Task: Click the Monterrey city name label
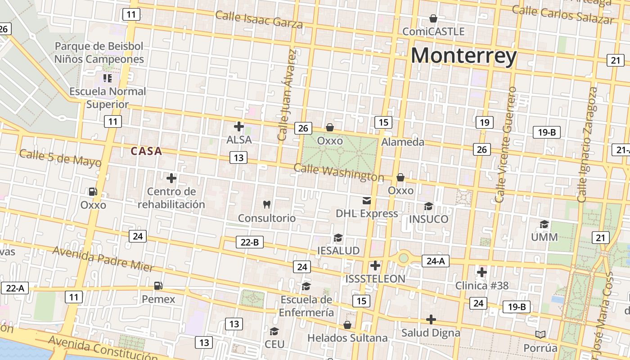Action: (x=463, y=56)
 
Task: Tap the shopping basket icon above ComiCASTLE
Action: (x=433, y=18)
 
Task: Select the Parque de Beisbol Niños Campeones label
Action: (x=99, y=53)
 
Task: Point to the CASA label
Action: (x=146, y=151)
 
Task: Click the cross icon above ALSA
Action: (x=239, y=126)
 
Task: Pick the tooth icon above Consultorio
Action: (x=267, y=204)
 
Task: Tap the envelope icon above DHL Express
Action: (x=367, y=200)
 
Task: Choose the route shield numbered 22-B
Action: (x=250, y=242)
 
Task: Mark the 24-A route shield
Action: (x=435, y=261)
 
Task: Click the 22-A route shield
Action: (x=15, y=288)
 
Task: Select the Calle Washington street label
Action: (x=338, y=172)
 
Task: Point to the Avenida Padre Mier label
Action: (x=103, y=259)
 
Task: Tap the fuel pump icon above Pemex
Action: (x=158, y=285)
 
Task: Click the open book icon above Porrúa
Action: (x=540, y=334)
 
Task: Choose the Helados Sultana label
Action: (x=347, y=337)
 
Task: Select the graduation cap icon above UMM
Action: (x=544, y=224)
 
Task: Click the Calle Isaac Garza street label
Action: (x=259, y=19)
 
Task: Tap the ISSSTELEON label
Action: (x=375, y=279)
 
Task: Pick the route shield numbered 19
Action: (x=484, y=122)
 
